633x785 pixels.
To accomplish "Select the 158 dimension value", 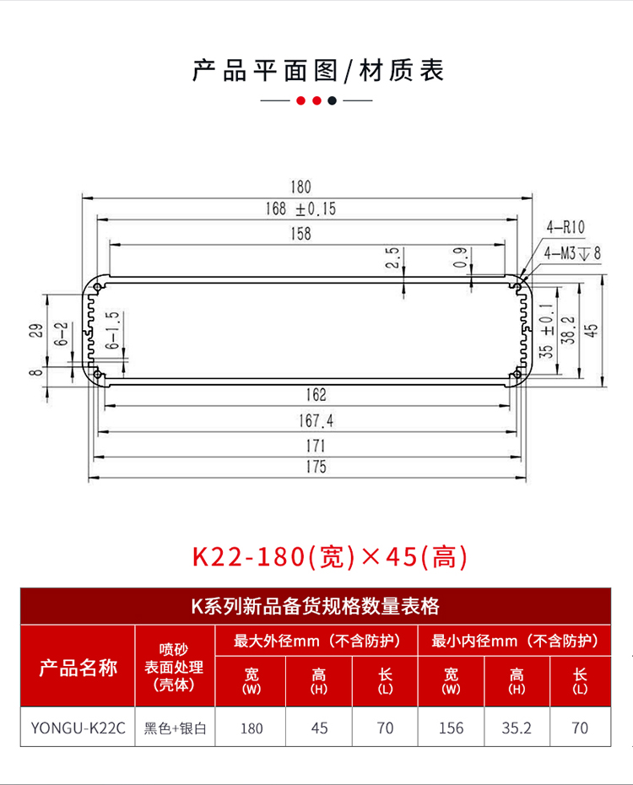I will [x=300, y=234].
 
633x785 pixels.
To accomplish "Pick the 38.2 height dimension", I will [x=568, y=330].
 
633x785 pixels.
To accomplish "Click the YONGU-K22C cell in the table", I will [x=78, y=727].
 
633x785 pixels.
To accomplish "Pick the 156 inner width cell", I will [x=451, y=727].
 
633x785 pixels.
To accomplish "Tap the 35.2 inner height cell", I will [x=517, y=727].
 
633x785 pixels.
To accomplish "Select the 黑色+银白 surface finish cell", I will [x=176, y=727].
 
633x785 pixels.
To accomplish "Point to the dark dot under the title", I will [x=333, y=100].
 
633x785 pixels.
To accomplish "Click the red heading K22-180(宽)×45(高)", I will [x=329, y=557].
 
